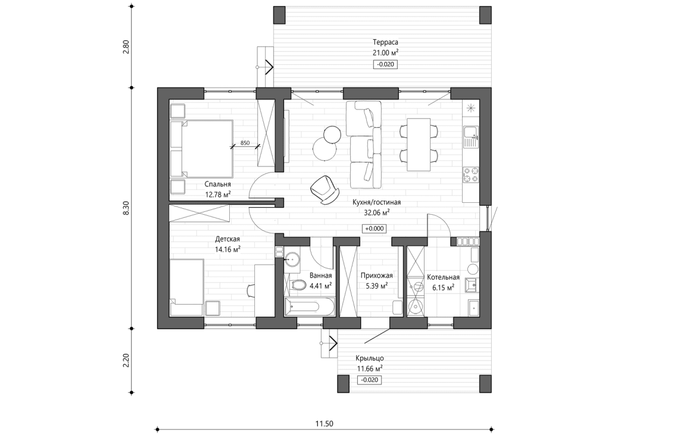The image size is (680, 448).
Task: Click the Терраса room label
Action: [385, 42]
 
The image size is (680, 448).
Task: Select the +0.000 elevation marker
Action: [375, 228]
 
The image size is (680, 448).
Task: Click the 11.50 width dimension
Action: [324, 424]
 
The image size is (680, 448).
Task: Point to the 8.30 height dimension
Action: [126, 208]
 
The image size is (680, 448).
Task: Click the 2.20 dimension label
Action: [126, 361]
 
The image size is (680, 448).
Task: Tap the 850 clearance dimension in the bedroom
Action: [245, 143]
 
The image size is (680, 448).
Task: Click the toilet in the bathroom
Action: [295, 286]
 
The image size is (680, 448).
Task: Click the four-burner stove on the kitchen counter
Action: [472, 175]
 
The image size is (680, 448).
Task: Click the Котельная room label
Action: [443, 277]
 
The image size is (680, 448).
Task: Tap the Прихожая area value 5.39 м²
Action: [376, 286]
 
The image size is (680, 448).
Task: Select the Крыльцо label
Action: [369, 358]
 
